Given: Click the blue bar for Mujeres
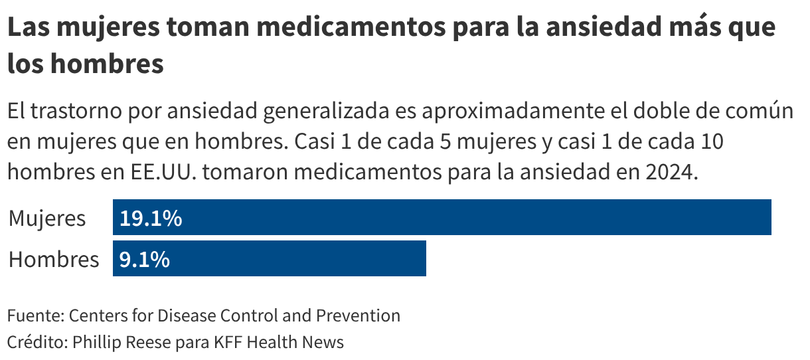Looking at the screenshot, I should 442,217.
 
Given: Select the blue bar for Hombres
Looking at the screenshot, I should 269,258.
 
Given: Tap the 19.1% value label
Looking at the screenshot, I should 151,218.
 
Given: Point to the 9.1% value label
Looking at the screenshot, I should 144,259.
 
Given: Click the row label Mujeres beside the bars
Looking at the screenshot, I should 47,218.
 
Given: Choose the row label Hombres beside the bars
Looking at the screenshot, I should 54,259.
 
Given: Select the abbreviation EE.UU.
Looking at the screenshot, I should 159,171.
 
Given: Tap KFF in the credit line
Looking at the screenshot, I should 230,342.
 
